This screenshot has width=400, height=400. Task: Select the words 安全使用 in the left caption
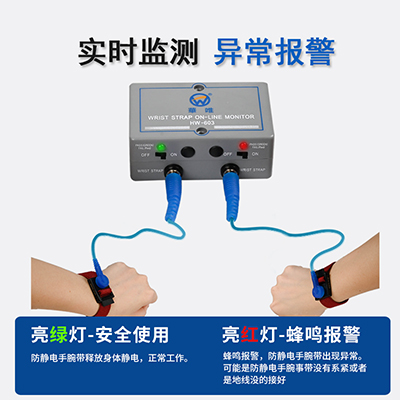click(x=135, y=333)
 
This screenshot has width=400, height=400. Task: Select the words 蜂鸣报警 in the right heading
click(x=324, y=333)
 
